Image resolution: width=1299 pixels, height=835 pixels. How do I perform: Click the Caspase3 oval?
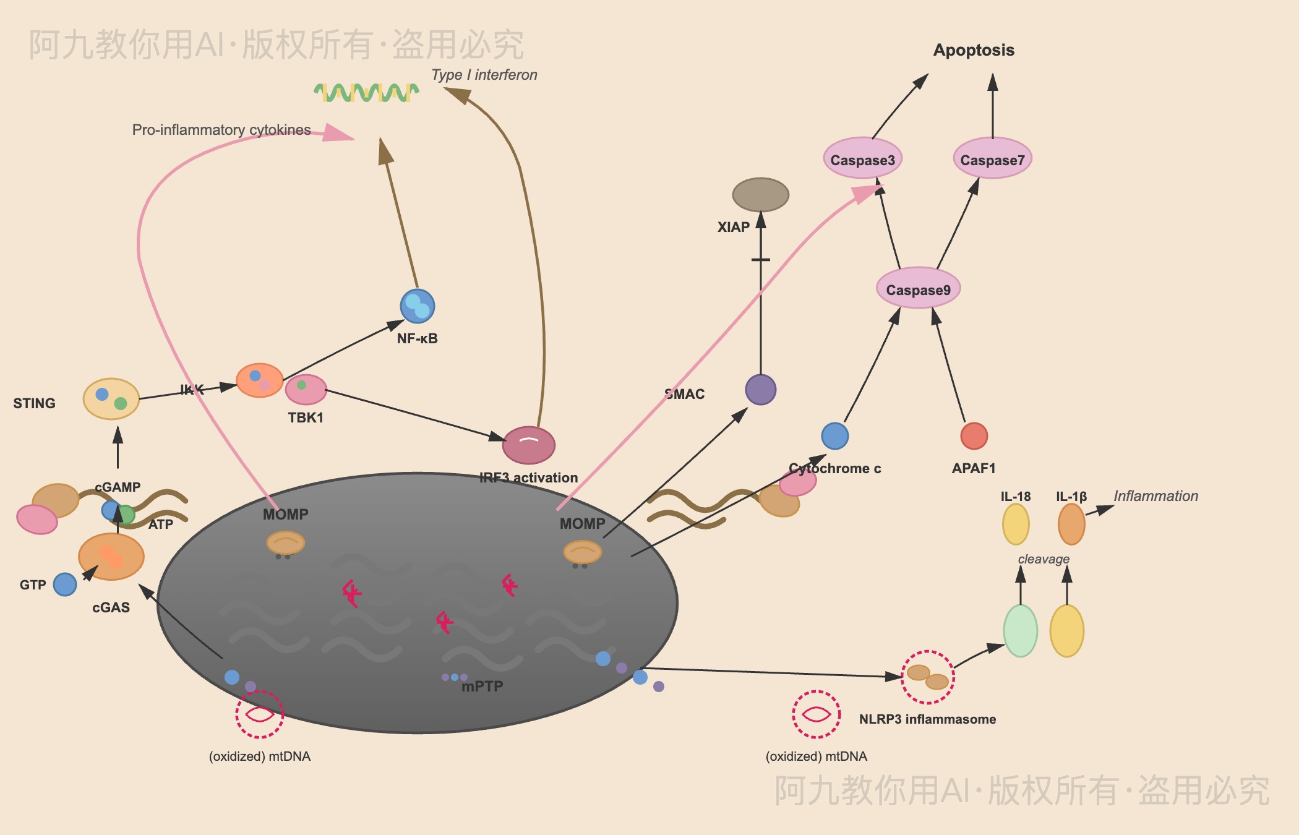tap(862, 159)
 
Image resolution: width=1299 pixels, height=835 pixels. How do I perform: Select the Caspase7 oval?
tap(992, 159)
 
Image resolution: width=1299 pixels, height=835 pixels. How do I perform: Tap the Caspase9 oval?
tap(918, 289)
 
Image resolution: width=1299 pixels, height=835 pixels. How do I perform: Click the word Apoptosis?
tap(974, 50)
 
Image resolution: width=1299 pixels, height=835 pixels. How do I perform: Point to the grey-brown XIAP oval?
tap(760, 195)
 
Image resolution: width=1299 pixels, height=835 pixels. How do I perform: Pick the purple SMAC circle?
tap(760, 390)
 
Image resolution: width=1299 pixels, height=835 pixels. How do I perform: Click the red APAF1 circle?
tap(974, 436)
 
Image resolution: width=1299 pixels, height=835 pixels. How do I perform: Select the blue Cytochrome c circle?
tap(834, 436)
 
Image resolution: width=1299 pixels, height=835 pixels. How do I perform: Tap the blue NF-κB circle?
tap(418, 306)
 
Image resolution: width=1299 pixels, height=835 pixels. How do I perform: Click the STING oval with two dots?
tap(111, 399)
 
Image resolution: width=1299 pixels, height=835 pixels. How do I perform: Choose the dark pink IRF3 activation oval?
tap(529, 445)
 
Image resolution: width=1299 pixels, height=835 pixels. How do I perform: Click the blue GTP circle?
tap(65, 584)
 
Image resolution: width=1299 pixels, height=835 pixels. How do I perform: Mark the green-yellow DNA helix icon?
tap(366, 93)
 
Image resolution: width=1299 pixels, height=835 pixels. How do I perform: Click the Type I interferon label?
tap(484, 75)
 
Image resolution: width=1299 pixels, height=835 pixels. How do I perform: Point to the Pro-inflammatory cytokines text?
tap(221, 130)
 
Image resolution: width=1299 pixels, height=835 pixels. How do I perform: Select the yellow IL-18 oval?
tap(1016, 524)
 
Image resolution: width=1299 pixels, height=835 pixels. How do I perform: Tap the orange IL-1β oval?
tap(1071, 524)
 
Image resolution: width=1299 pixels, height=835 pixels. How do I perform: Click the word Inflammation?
tap(1155, 496)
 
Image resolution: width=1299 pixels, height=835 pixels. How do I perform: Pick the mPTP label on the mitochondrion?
tap(482, 686)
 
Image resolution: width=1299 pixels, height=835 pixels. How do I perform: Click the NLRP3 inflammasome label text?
tap(927, 719)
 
